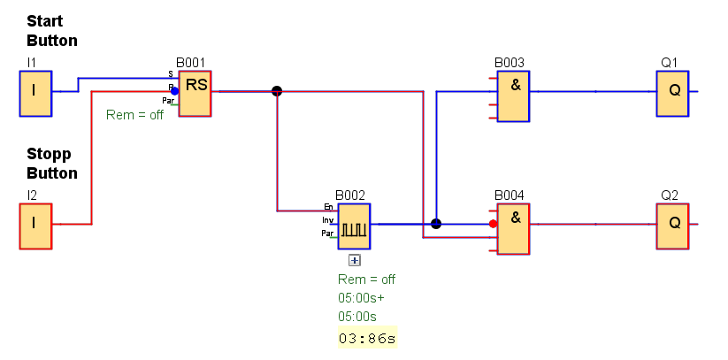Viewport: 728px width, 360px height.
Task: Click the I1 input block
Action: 35,93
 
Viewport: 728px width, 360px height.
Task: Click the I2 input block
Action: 35,226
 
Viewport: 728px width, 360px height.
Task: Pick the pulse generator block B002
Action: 354,226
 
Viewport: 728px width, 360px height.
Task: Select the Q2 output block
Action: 672,226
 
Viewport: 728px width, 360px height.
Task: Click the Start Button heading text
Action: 51,31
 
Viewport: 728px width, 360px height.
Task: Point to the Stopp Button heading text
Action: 51,164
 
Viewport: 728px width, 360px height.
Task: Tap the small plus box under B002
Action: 355,260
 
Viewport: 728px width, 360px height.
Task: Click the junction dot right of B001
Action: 277,91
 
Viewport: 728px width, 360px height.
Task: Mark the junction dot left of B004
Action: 435,224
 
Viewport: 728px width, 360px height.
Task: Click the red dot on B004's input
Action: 494,224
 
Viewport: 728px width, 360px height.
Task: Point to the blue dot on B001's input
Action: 174,90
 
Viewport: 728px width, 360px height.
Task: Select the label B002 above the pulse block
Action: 349,195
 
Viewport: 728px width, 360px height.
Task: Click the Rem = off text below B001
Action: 134,115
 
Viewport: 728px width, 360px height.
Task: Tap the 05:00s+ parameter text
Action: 361,297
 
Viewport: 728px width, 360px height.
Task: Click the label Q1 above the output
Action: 669,63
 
